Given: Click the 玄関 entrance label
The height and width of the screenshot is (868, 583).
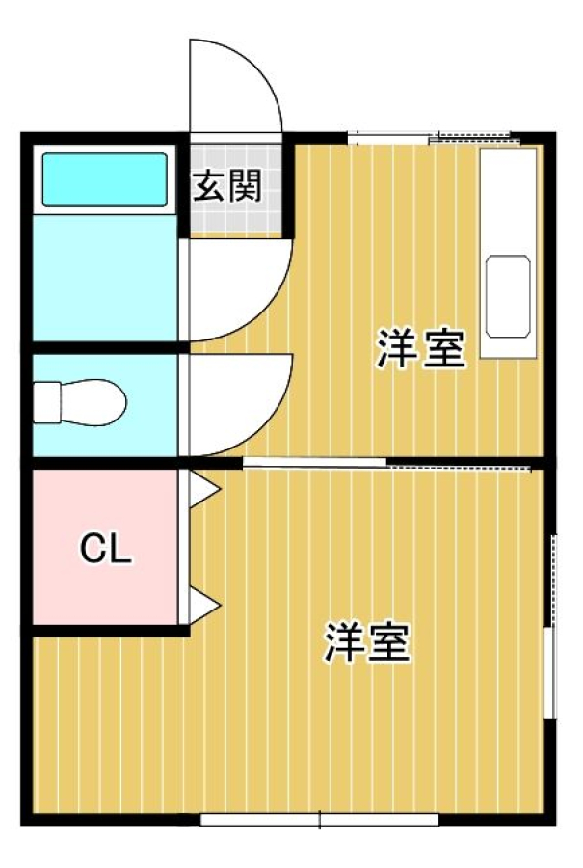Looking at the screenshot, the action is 226,186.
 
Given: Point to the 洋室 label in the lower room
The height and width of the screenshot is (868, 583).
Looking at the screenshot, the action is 368,642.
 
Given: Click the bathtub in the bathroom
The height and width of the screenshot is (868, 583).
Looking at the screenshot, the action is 104,179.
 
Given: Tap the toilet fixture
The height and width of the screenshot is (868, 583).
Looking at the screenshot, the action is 79,402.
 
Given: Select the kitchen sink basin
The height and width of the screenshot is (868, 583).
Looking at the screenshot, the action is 508,296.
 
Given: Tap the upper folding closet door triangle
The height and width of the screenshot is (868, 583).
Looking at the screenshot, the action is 204,489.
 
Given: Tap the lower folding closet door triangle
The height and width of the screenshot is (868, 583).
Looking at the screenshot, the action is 204,607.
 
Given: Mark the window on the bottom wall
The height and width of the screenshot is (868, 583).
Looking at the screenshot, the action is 320,819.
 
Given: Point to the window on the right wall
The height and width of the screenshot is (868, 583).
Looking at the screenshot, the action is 550,626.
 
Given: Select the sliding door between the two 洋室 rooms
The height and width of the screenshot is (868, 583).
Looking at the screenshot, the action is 387,463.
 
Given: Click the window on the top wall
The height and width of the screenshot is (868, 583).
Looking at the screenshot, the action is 435,137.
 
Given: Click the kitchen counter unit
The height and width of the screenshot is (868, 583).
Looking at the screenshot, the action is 509,253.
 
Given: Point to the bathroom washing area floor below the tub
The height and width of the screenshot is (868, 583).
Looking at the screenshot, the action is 105,278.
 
